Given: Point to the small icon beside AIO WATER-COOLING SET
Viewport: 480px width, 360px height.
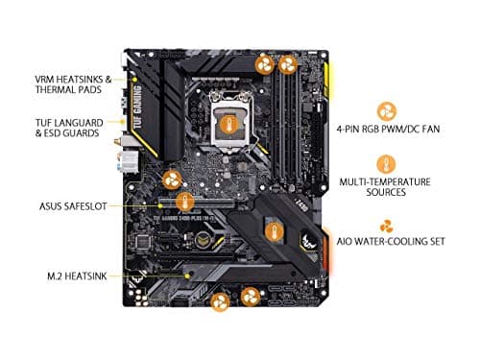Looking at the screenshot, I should click(387, 227).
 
